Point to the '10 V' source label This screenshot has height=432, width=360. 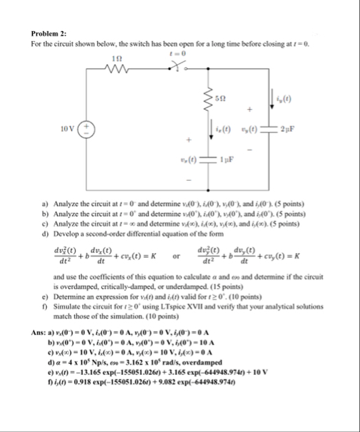(x=62, y=129)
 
